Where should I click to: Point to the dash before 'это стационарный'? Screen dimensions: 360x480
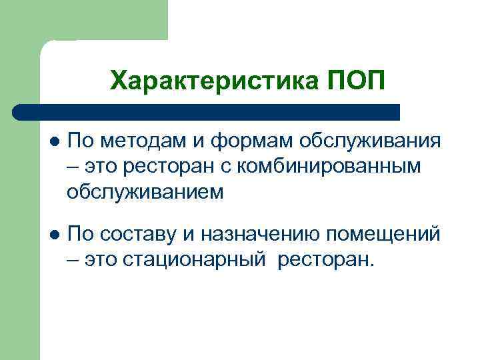coord(73,259)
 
